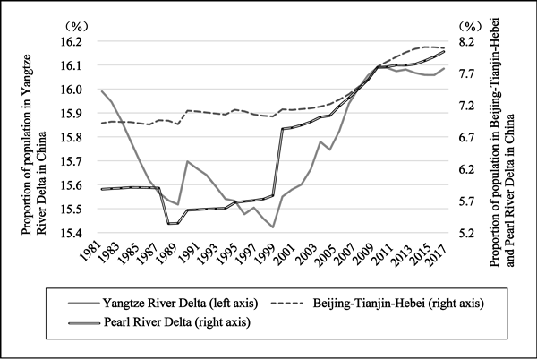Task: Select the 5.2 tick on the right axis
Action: pyautogui.click(x=471, y=233)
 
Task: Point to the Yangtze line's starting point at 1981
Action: pyautogui.click(x=101, y=91)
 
